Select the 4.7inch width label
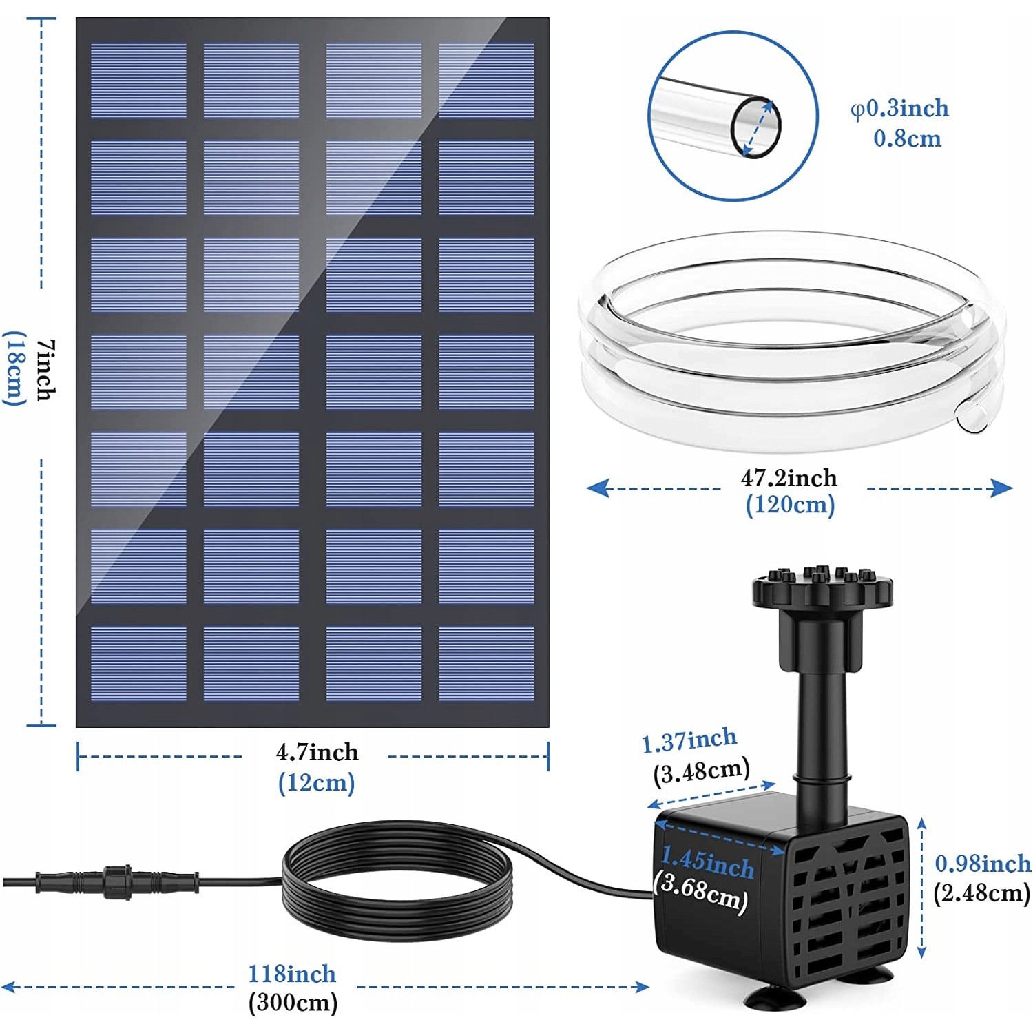(317, 752)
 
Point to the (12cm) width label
(317, 783)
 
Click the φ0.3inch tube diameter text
(900, 109)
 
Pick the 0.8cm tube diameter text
(907, 139)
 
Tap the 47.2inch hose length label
(789, 477)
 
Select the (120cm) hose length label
(790, 505)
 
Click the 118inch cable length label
(292, 974)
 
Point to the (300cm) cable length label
(293, 1002)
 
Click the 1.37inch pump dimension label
(689, 741)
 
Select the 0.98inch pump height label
(983, 864)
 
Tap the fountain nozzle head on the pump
(822, 589)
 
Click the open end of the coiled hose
(972, 417)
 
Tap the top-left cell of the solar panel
(138, 81)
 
